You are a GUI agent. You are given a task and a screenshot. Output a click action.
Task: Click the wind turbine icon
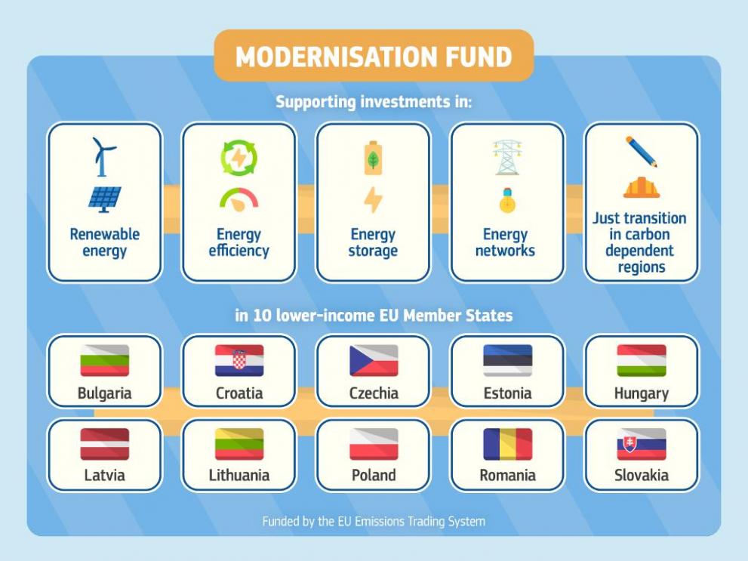(102, 157)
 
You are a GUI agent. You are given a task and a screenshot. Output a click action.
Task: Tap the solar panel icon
(104, 199)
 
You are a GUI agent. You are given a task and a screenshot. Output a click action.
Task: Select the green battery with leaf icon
(373, 158)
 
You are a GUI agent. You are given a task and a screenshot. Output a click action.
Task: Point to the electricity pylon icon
(507, 157)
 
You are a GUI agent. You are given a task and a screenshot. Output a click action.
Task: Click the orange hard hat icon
(642, 187)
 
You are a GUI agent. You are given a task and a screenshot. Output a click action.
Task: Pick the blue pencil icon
(642, 152)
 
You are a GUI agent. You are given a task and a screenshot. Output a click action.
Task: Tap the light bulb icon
(507, 200)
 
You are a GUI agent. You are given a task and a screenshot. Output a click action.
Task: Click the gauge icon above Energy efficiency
(239, 199)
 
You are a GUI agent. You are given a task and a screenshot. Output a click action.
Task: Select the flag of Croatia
(239, 360)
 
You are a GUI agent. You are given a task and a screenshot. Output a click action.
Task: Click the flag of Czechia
(374, 360)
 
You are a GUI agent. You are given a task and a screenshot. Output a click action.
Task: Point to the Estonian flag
(507, 360)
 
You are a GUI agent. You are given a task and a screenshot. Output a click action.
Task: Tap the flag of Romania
(507, 444)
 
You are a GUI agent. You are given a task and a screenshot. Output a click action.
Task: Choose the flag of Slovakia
(642, 444)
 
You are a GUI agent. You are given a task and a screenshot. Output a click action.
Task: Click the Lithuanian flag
(239, 444)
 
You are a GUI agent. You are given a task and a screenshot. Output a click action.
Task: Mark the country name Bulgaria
(104, 393)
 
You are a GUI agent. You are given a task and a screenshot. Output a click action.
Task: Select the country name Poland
(374, 475)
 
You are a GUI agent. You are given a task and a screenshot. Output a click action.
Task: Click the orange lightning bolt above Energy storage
(373, 199)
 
